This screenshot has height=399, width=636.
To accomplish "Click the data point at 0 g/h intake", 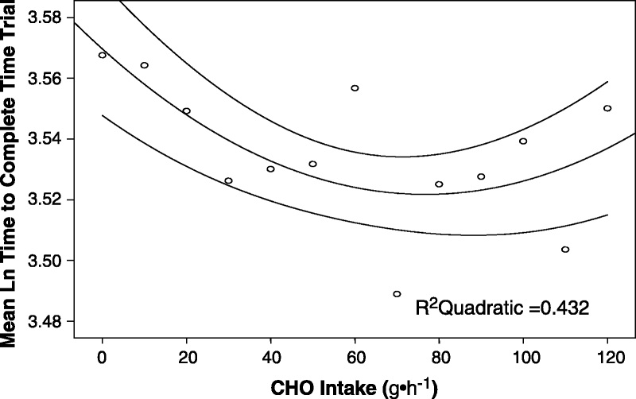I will [103, 55].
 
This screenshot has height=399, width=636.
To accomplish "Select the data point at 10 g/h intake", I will [145, 65].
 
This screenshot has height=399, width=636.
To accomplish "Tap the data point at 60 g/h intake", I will [355, 87].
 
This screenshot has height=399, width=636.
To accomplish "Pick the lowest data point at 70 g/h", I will [397, 293].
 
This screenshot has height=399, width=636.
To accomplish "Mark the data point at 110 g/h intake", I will [565, 250].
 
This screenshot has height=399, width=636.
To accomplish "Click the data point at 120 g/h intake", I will [607, 108].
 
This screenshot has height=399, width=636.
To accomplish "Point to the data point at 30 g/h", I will [229, 180].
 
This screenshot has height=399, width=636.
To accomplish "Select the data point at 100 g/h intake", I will [523, 141].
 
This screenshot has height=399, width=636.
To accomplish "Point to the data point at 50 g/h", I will [312, 164].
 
